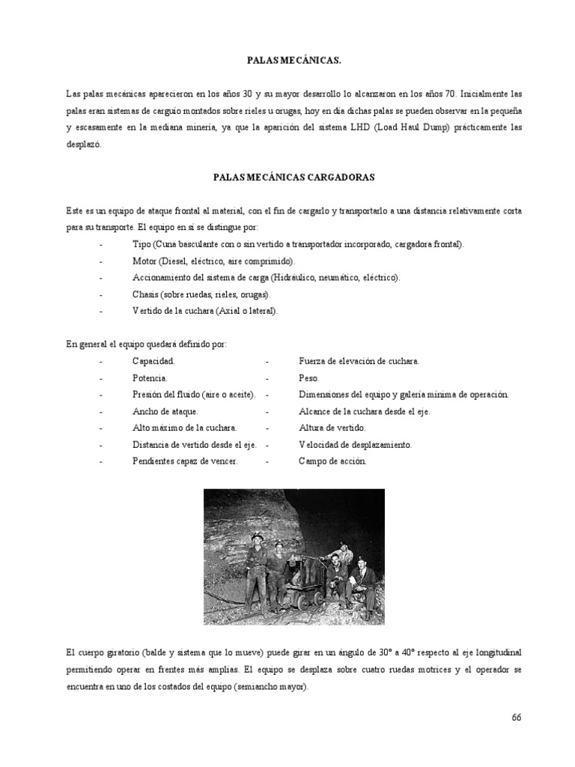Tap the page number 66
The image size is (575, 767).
[516, 717]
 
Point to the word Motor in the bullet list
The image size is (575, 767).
[144, 261]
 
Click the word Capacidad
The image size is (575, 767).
[153, 361]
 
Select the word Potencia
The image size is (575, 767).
[150, 378]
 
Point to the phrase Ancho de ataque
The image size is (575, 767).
[165, 411]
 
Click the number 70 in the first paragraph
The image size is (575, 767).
[449, 94]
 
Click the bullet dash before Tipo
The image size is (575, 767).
[100, 245]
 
